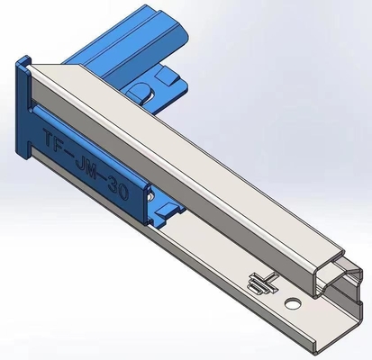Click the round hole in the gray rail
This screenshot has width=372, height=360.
pyautogui.click(x=291, y=303)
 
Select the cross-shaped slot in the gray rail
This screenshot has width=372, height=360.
pyautogui.click(x=259, y=283)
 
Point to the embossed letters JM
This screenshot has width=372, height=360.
pyautogui.click(x=88, y=167)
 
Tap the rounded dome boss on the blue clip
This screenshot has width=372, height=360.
pyautogui.click(x=143, y=90)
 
